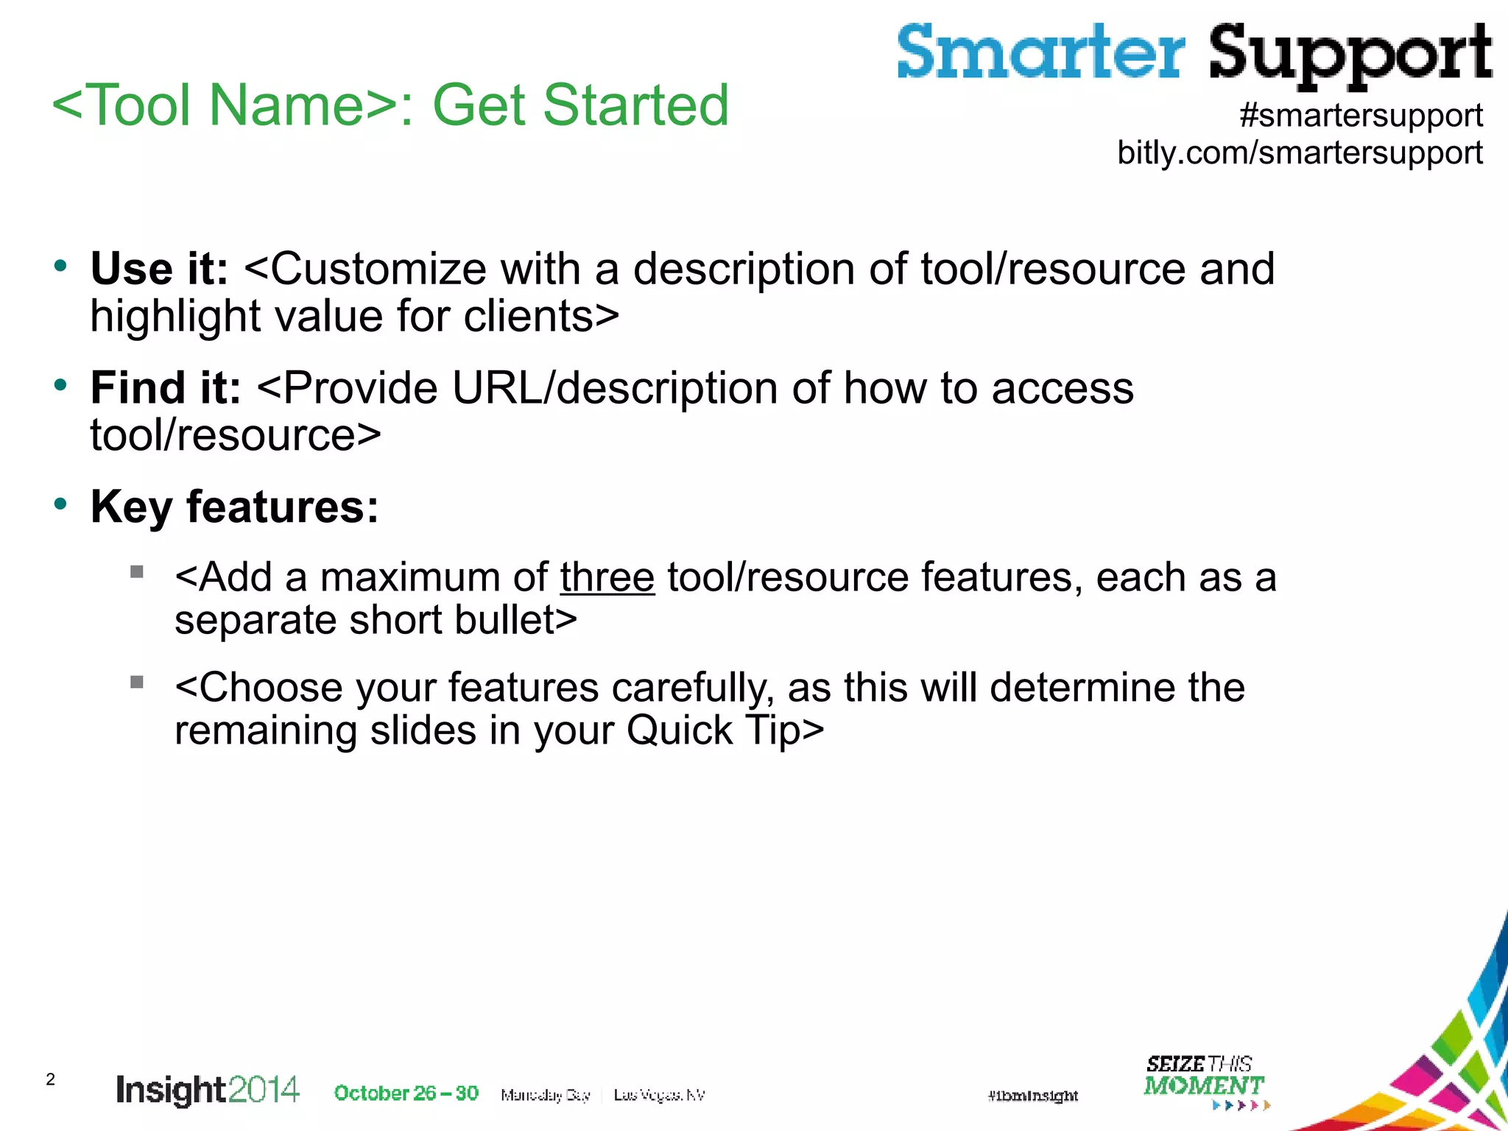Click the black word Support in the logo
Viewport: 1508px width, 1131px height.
tap(1350, 55)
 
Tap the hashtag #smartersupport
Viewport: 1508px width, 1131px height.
tap(1361, 116)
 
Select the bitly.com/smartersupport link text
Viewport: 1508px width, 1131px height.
tap(1300, 152)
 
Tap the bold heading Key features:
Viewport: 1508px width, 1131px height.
tap(234, 507)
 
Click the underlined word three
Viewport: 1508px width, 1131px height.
tap(607, 577)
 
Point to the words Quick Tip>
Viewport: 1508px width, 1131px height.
tap(725, 730)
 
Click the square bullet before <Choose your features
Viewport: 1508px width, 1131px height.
tap(136, 682)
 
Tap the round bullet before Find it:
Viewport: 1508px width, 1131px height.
tap(60, 384)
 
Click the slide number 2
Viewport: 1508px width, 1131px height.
tap(50, 1079)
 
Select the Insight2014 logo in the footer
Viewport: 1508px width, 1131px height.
tap(208, 1091)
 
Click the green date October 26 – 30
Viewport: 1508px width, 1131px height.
tap(406, 1093)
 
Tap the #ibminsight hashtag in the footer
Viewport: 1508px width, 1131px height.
tap(1032, 1096)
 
